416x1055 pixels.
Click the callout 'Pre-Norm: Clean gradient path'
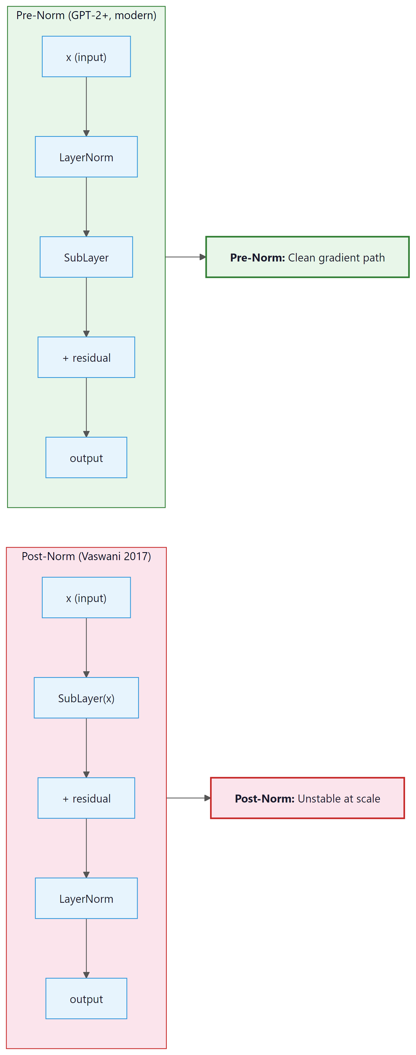coord(307,257)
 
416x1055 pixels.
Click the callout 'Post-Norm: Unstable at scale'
coord(307,799)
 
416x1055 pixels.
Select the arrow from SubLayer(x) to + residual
coord(86,747)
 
